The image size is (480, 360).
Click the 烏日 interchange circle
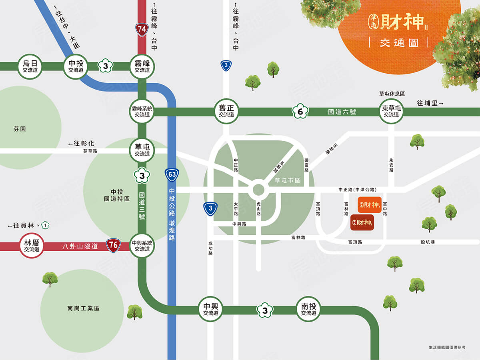[30, 66]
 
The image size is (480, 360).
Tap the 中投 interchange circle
[76, 66]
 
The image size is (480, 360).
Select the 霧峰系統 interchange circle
[142, 112]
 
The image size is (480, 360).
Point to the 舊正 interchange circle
[226, 112]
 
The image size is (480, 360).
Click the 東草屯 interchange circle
[391, 112]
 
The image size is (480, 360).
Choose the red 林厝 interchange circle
[32, 246]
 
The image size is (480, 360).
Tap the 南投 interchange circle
[308, 309]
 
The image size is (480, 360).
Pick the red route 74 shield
[141, 29]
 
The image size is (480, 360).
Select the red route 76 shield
[113, 245]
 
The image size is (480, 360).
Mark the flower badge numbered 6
[300, 112]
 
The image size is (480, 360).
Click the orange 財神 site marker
[369, 205]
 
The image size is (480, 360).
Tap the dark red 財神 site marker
[362, 222]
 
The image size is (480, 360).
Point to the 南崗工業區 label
[84, 309]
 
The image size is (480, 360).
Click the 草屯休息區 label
[392, 94]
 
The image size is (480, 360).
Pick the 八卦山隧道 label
[80, 246]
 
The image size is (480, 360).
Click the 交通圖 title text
[398, 43]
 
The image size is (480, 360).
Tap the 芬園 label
[20, 129]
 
